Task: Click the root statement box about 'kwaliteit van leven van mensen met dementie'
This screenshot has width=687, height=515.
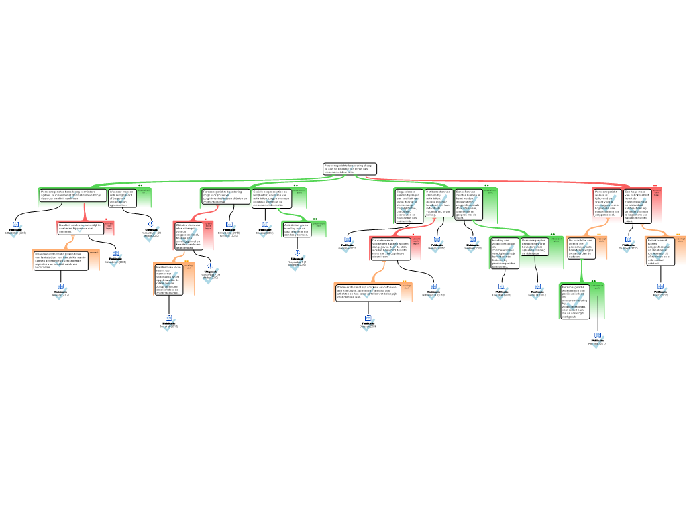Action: click(349, 168)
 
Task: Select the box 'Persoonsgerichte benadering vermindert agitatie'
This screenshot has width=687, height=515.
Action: click(72, 195)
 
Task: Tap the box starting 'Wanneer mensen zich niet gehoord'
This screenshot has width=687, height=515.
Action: click(121, 198)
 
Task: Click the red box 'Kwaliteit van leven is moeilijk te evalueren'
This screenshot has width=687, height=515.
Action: click(81, 227)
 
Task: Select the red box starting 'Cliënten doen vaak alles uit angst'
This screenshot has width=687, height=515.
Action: click(189, 235)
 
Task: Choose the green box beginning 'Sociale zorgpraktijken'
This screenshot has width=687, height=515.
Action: click(272, 196)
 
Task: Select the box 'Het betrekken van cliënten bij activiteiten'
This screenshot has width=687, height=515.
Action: click(438, 203)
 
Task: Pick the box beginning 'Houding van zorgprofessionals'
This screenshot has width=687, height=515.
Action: click(504, 253)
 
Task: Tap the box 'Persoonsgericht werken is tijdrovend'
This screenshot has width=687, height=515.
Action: click(608, 202)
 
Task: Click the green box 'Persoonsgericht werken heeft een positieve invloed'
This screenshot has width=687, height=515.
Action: click(576, 301)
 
